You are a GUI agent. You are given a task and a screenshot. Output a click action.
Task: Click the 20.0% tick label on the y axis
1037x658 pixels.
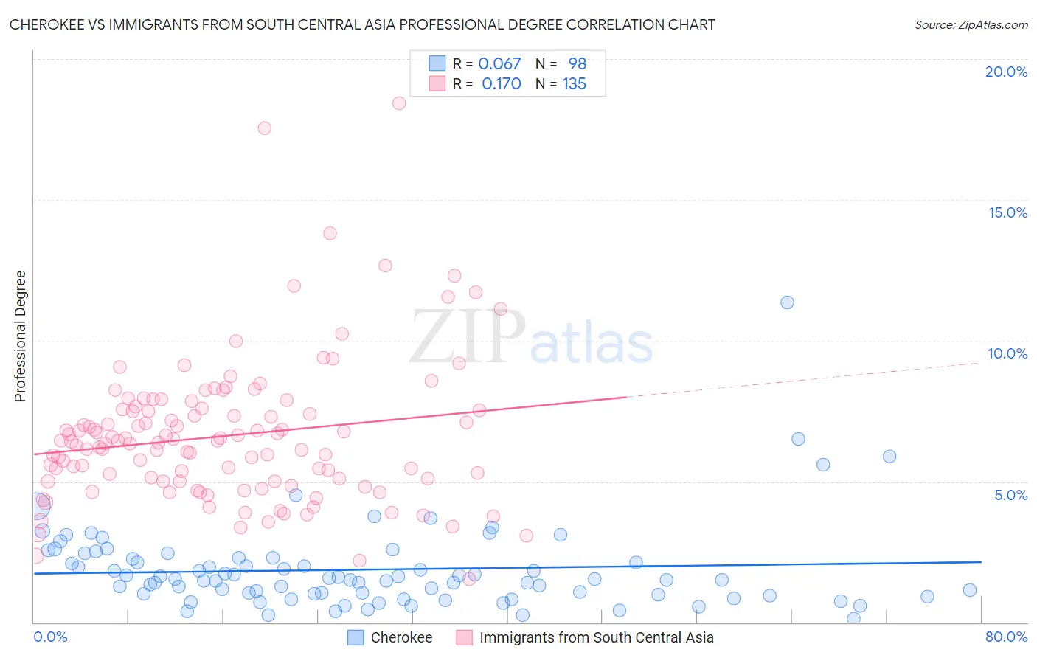(x=1006, y=72)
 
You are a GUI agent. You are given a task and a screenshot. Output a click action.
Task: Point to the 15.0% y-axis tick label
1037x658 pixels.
(x=1007, y=212)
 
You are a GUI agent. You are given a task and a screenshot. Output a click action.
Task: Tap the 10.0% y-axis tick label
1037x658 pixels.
(x=1007, y=353)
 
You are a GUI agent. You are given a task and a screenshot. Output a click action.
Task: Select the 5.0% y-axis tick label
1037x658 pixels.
(x=1010, y=495)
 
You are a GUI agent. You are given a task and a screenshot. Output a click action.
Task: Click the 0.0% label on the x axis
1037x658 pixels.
(x=50, y=637)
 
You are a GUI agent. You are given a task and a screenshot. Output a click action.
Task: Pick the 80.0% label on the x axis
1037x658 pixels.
(x=1006, y=637)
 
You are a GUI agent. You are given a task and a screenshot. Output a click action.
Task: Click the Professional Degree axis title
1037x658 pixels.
(x=20, y=336)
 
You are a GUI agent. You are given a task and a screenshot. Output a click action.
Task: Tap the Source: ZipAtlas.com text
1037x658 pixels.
(x=971, y=25)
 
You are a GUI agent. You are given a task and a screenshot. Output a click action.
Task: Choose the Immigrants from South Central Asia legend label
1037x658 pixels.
(x=596, y=637)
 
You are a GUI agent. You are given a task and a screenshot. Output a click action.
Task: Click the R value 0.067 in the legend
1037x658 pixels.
(x=499, y=63)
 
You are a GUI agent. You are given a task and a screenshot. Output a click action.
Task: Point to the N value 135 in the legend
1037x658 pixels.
(x=574, y=84)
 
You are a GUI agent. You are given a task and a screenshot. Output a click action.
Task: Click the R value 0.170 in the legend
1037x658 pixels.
(x=501, y=84)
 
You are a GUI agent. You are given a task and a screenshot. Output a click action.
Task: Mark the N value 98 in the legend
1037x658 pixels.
(x=577, y=63)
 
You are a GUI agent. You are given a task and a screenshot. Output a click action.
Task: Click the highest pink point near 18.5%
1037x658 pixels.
(x=399, y=103)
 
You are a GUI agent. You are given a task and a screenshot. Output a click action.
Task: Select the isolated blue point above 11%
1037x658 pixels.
(x=787, y=302)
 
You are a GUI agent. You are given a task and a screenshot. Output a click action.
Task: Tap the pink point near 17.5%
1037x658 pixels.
(x=264, y=128)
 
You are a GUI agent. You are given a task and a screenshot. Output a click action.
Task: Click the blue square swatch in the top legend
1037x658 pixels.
(x=437, y=63)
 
